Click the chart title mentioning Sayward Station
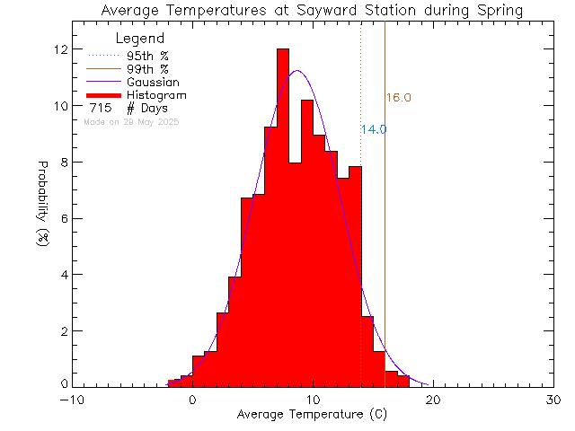point(312,11)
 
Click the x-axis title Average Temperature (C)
point(312,415)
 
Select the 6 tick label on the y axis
point(63,218)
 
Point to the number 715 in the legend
point(100,109)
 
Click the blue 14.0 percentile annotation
point(374,129)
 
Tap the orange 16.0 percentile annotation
point(399,98)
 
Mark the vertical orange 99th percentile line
point(385,224)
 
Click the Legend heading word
point(141,39)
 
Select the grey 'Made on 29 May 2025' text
point(130,121)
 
